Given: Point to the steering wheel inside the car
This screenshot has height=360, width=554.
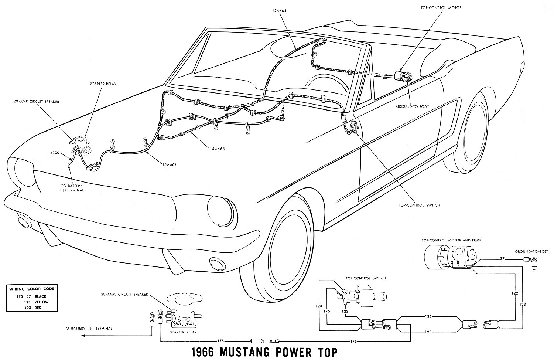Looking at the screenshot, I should pos(325,87).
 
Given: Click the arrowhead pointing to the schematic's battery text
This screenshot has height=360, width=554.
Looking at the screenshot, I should pos(83,336).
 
